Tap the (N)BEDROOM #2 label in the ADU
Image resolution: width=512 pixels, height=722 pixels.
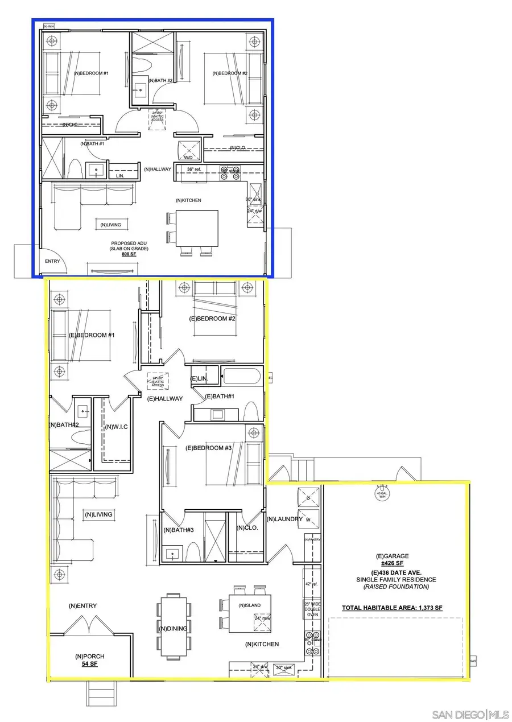click(x=230, y=73)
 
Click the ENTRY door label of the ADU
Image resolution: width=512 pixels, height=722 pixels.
click(x=52, y=262)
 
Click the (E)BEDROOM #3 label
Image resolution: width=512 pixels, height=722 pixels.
click(x=209, y=448)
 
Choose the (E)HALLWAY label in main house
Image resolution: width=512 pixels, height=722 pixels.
click(x=165, y=398)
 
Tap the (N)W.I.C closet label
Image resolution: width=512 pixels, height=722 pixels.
click(x=116, y=427)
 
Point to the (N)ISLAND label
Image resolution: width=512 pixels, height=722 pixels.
click(x=250, y=605)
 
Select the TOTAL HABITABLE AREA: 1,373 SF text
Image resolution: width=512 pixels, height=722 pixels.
click(x=392, y=608)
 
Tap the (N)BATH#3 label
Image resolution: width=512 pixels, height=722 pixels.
click(x=179, y=530)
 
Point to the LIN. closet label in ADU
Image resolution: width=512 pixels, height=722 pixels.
click(x=120, y=176)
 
